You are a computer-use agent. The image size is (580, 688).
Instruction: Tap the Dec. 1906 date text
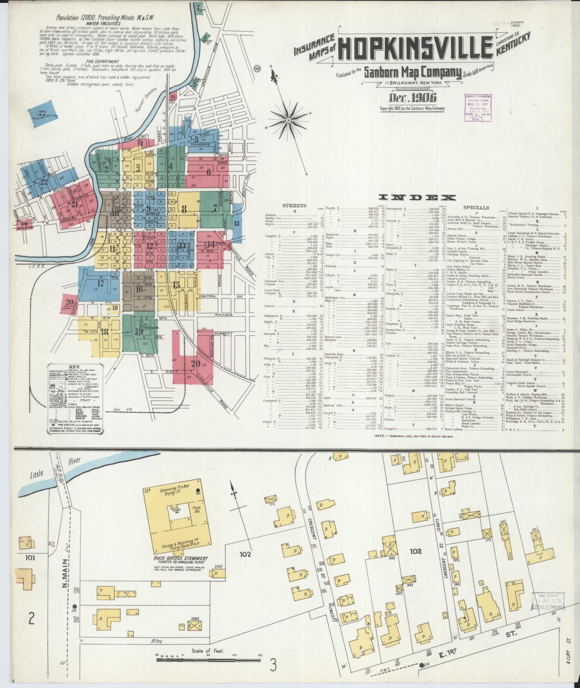pyautogui.click(x=413, y=98)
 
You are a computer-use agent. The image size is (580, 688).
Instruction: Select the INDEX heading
pyautogui.click(x=417, y=197)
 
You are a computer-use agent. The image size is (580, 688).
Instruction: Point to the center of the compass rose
pyautogui.click(x=288, y=120)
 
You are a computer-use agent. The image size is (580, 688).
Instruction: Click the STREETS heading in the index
pyautogui.click(x=294, y=206)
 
